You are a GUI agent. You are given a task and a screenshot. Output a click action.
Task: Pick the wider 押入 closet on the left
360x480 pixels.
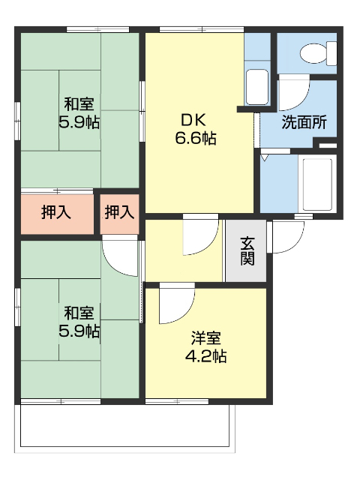coord(56,212)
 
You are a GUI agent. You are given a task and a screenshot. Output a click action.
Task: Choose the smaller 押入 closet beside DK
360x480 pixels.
coord(119,212)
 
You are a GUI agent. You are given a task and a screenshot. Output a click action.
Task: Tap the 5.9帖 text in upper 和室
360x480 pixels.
coord(79,121)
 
